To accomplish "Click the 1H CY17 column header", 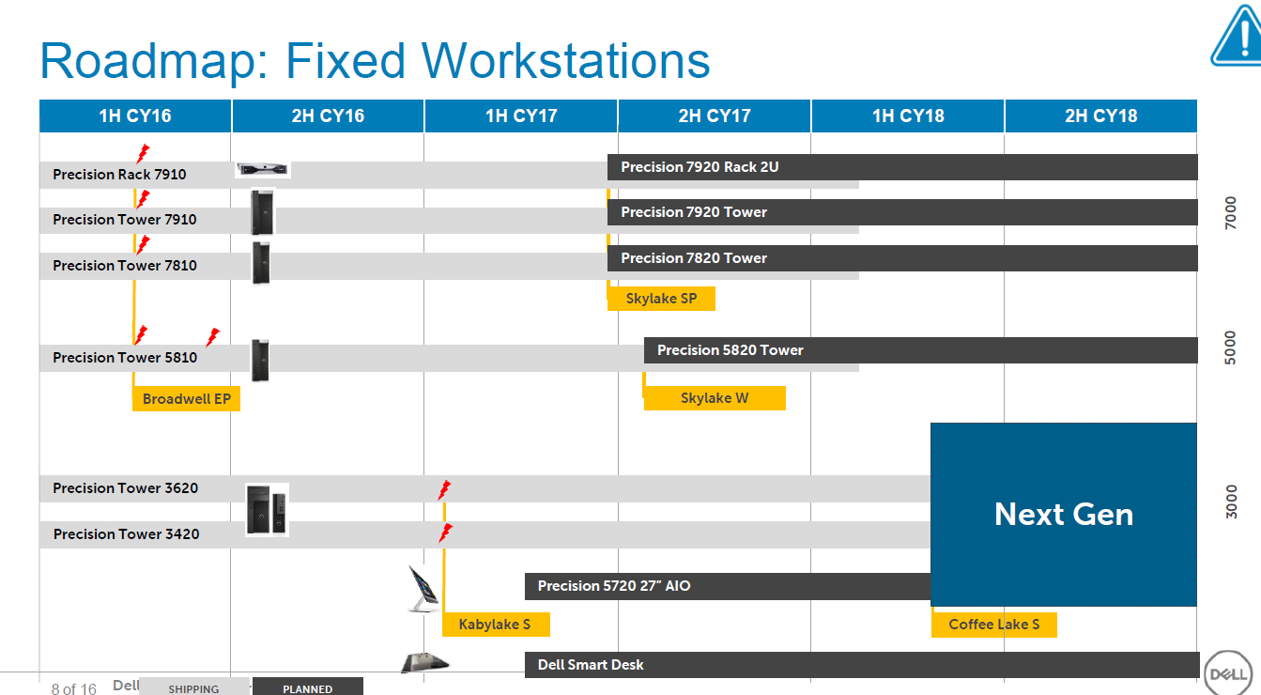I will tap(521, 116).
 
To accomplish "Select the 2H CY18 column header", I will tap(1100, 116).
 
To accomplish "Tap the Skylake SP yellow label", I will tap(661, 300).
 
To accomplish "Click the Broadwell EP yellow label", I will tap(187, 399).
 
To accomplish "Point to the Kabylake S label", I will tap(495, 625).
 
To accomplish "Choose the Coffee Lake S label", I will tap(993, 625).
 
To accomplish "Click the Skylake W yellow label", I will tap(715, 398).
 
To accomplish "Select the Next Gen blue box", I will tap(1064, 514).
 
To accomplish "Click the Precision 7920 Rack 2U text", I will tap(700, 167).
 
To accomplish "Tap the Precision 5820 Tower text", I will tap(730, 350).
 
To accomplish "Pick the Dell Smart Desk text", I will tap(591, 665).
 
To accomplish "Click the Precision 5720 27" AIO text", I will tap(614, 586).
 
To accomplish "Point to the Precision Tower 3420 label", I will tap(126, 534).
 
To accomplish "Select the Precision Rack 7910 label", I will tap(119, 175).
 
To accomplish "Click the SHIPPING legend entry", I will tap(193, 688).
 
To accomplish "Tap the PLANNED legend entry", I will tap(308, 688).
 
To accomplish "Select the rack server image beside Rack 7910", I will tap(262, 169).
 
